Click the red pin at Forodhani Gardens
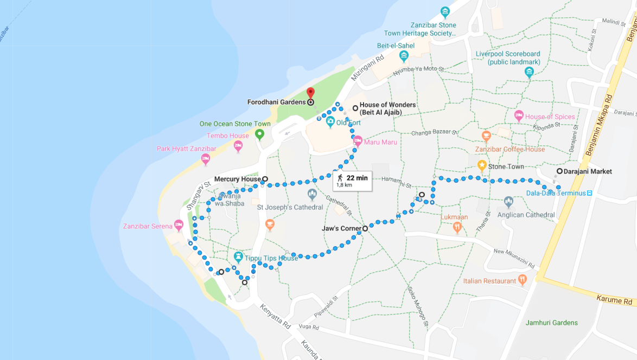coord(310,93)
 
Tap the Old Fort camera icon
coord(330,123)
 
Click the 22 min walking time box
coord(352,181)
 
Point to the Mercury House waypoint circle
coord(265,179)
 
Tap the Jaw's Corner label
coord(341,228)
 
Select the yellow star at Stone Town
coord(481,165)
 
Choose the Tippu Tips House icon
coord(238,256)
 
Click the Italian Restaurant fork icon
coord(523,280)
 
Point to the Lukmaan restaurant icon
coord(457,227)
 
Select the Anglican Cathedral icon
coord(508,202)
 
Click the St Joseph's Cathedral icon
coord(312,194)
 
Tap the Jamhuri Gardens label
coord(551,323)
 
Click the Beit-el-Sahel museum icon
coord(403,56)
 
